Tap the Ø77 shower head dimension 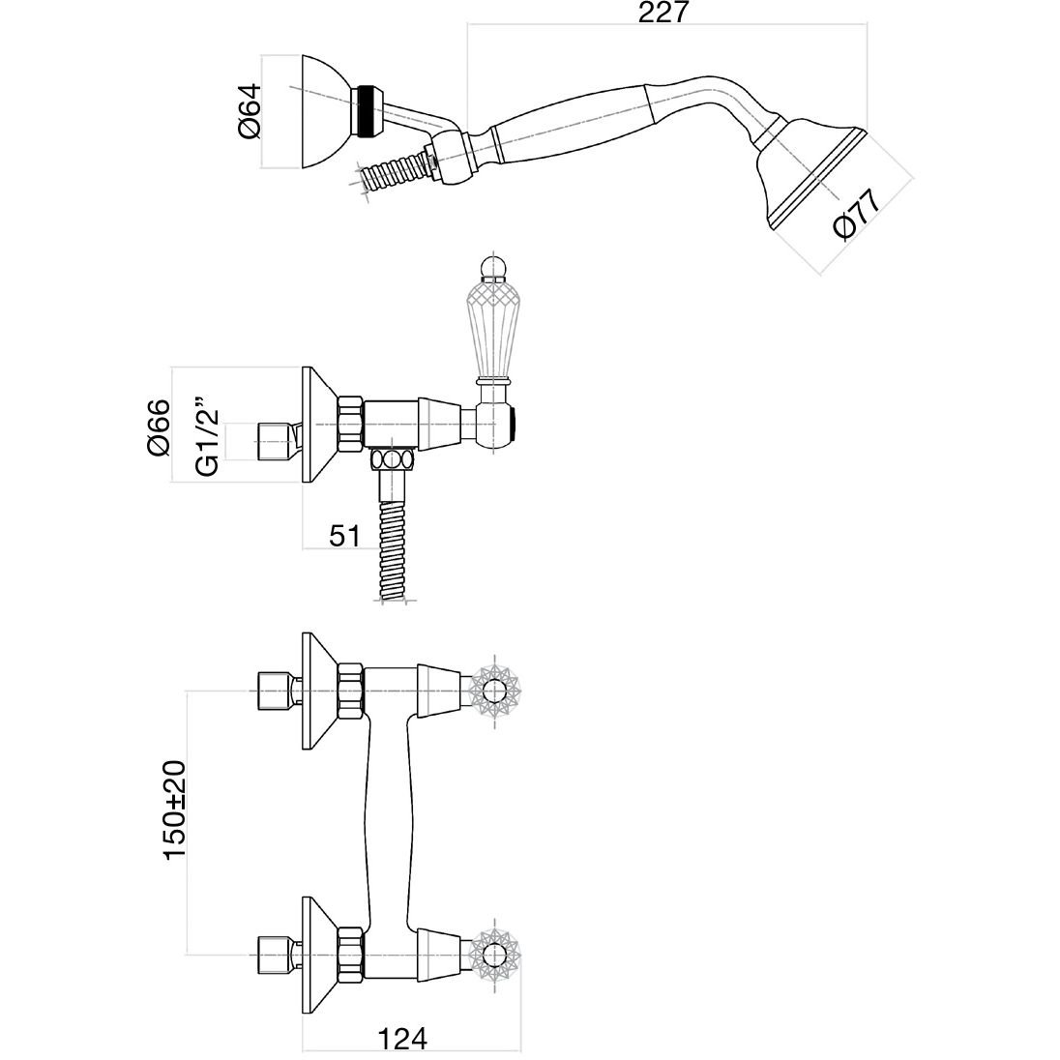click(x=855, y=213)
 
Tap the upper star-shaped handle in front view click(x=495, y=691)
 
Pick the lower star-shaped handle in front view click(x=495, y=953)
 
